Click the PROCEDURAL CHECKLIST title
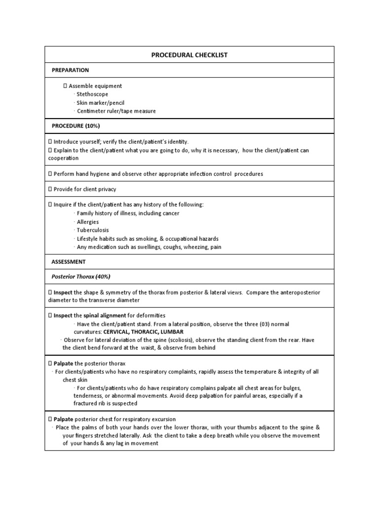tap(189, 55)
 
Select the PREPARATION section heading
tap(71, 71)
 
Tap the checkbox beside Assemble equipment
tap(64, 86)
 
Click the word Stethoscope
tap(92, 94)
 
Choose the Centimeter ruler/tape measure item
tap(116, 111)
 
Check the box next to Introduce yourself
tap(50, 142)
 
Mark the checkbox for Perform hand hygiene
tap(50, 174)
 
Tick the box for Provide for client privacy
tap(50, 189)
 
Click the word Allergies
tap(88, 222)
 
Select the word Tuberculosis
tap(93, 230)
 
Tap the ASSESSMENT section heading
tap(69, 261)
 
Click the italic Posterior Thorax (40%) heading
tap(82, 276)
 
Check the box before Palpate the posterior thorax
tap(50, 363)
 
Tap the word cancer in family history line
tap(170, 213)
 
